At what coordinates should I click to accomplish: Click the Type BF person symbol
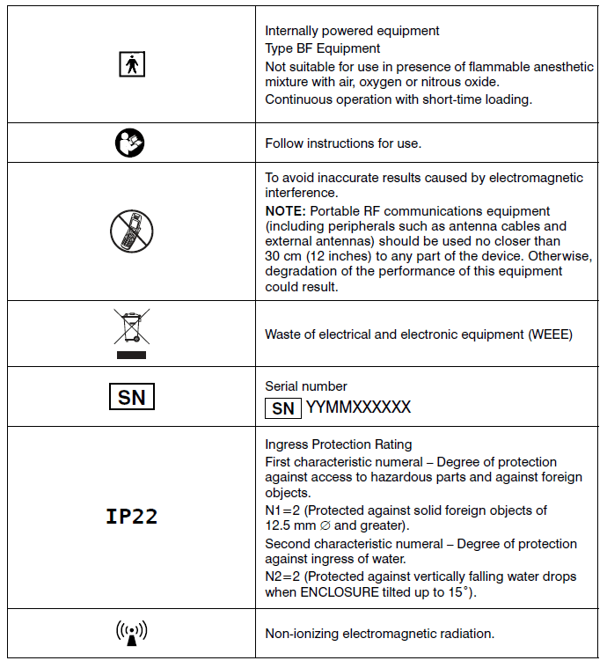pos(131,64)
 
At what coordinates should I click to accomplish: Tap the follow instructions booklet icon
pos(130,143)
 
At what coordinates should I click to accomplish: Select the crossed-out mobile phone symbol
pos(131,231)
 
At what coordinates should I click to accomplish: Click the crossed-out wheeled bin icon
pos(131,334)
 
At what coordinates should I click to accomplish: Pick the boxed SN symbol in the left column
pos(131,397)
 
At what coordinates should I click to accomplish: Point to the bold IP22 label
pos(131,517)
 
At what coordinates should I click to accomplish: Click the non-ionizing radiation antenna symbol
pos(131,633)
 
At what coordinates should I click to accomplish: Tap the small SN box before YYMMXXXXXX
pos(282,408)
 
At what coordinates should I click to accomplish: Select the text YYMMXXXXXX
pos(357,408)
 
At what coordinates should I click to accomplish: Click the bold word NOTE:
pos(284,211)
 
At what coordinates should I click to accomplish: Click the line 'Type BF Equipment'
pos(323,48)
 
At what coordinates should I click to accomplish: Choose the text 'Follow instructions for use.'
pos(343,143)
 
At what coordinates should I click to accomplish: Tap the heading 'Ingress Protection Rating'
pos(338,444)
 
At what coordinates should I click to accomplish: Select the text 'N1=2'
pos(282,510)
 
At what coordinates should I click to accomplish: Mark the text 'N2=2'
pos(282,576)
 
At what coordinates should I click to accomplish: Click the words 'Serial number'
pos(305,386)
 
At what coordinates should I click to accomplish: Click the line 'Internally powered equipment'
pos(352,31)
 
